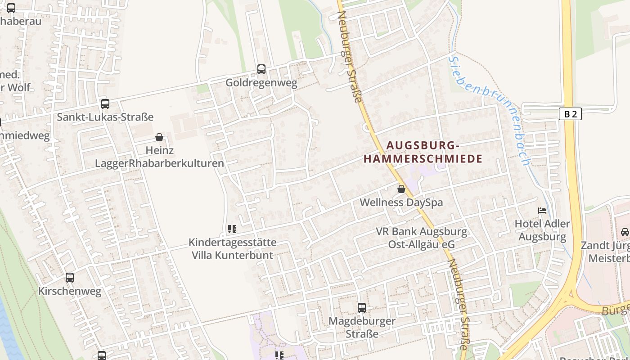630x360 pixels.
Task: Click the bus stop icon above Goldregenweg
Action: (x=261, y=69)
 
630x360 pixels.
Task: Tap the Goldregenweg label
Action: (x=261, y=83)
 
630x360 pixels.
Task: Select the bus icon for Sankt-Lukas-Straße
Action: (x=105, y=104)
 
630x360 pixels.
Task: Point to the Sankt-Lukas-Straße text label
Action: (x=105, y=117)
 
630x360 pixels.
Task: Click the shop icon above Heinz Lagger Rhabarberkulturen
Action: (x=159, y=137)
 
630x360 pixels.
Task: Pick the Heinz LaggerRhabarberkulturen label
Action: (x=159, y=157)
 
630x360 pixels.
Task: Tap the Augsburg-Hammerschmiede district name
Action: (x=423, y=152)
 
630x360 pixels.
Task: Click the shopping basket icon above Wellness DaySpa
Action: (x=401, y=189)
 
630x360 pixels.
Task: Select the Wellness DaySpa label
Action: (x=401, y=202)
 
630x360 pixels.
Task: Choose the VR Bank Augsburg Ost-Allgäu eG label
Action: (x=422, y=238)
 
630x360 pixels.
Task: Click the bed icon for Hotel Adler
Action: (x=543, y=210)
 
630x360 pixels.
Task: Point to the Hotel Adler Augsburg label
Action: (x=542, y=230)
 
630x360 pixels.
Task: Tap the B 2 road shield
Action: (x=570, y=114)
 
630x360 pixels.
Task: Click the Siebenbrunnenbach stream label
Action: (x=490, y=108)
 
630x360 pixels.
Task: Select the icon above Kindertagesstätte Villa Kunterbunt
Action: (x=232, y=229)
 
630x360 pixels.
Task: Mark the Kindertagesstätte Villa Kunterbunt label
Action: (x=232, y=249)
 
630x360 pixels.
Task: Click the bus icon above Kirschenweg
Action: (x=70, y=278)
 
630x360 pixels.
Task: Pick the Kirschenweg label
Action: (x=70, y=291)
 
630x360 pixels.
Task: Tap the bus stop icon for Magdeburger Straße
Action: (x=362, y=308)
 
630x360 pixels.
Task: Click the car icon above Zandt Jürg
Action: (x=625, y=232)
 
